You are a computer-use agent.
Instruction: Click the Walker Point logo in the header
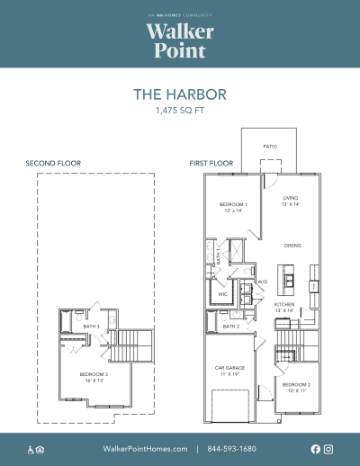click(179, 38)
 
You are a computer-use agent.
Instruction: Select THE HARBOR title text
click(179, 94)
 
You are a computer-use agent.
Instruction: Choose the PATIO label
click(270, 146)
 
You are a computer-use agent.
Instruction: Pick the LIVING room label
click(291, 200)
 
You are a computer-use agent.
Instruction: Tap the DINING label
click(292, 244)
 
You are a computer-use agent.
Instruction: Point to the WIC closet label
click(220, 292)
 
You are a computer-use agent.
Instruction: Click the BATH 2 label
click(230, 326)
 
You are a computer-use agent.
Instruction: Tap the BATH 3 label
click(78, 326)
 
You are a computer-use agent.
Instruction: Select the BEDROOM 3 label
click(94, 375)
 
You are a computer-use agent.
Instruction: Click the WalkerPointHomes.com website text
click(146, 448)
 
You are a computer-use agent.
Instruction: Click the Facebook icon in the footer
click(315, 448)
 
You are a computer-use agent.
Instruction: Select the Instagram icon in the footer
click(328, 448)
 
